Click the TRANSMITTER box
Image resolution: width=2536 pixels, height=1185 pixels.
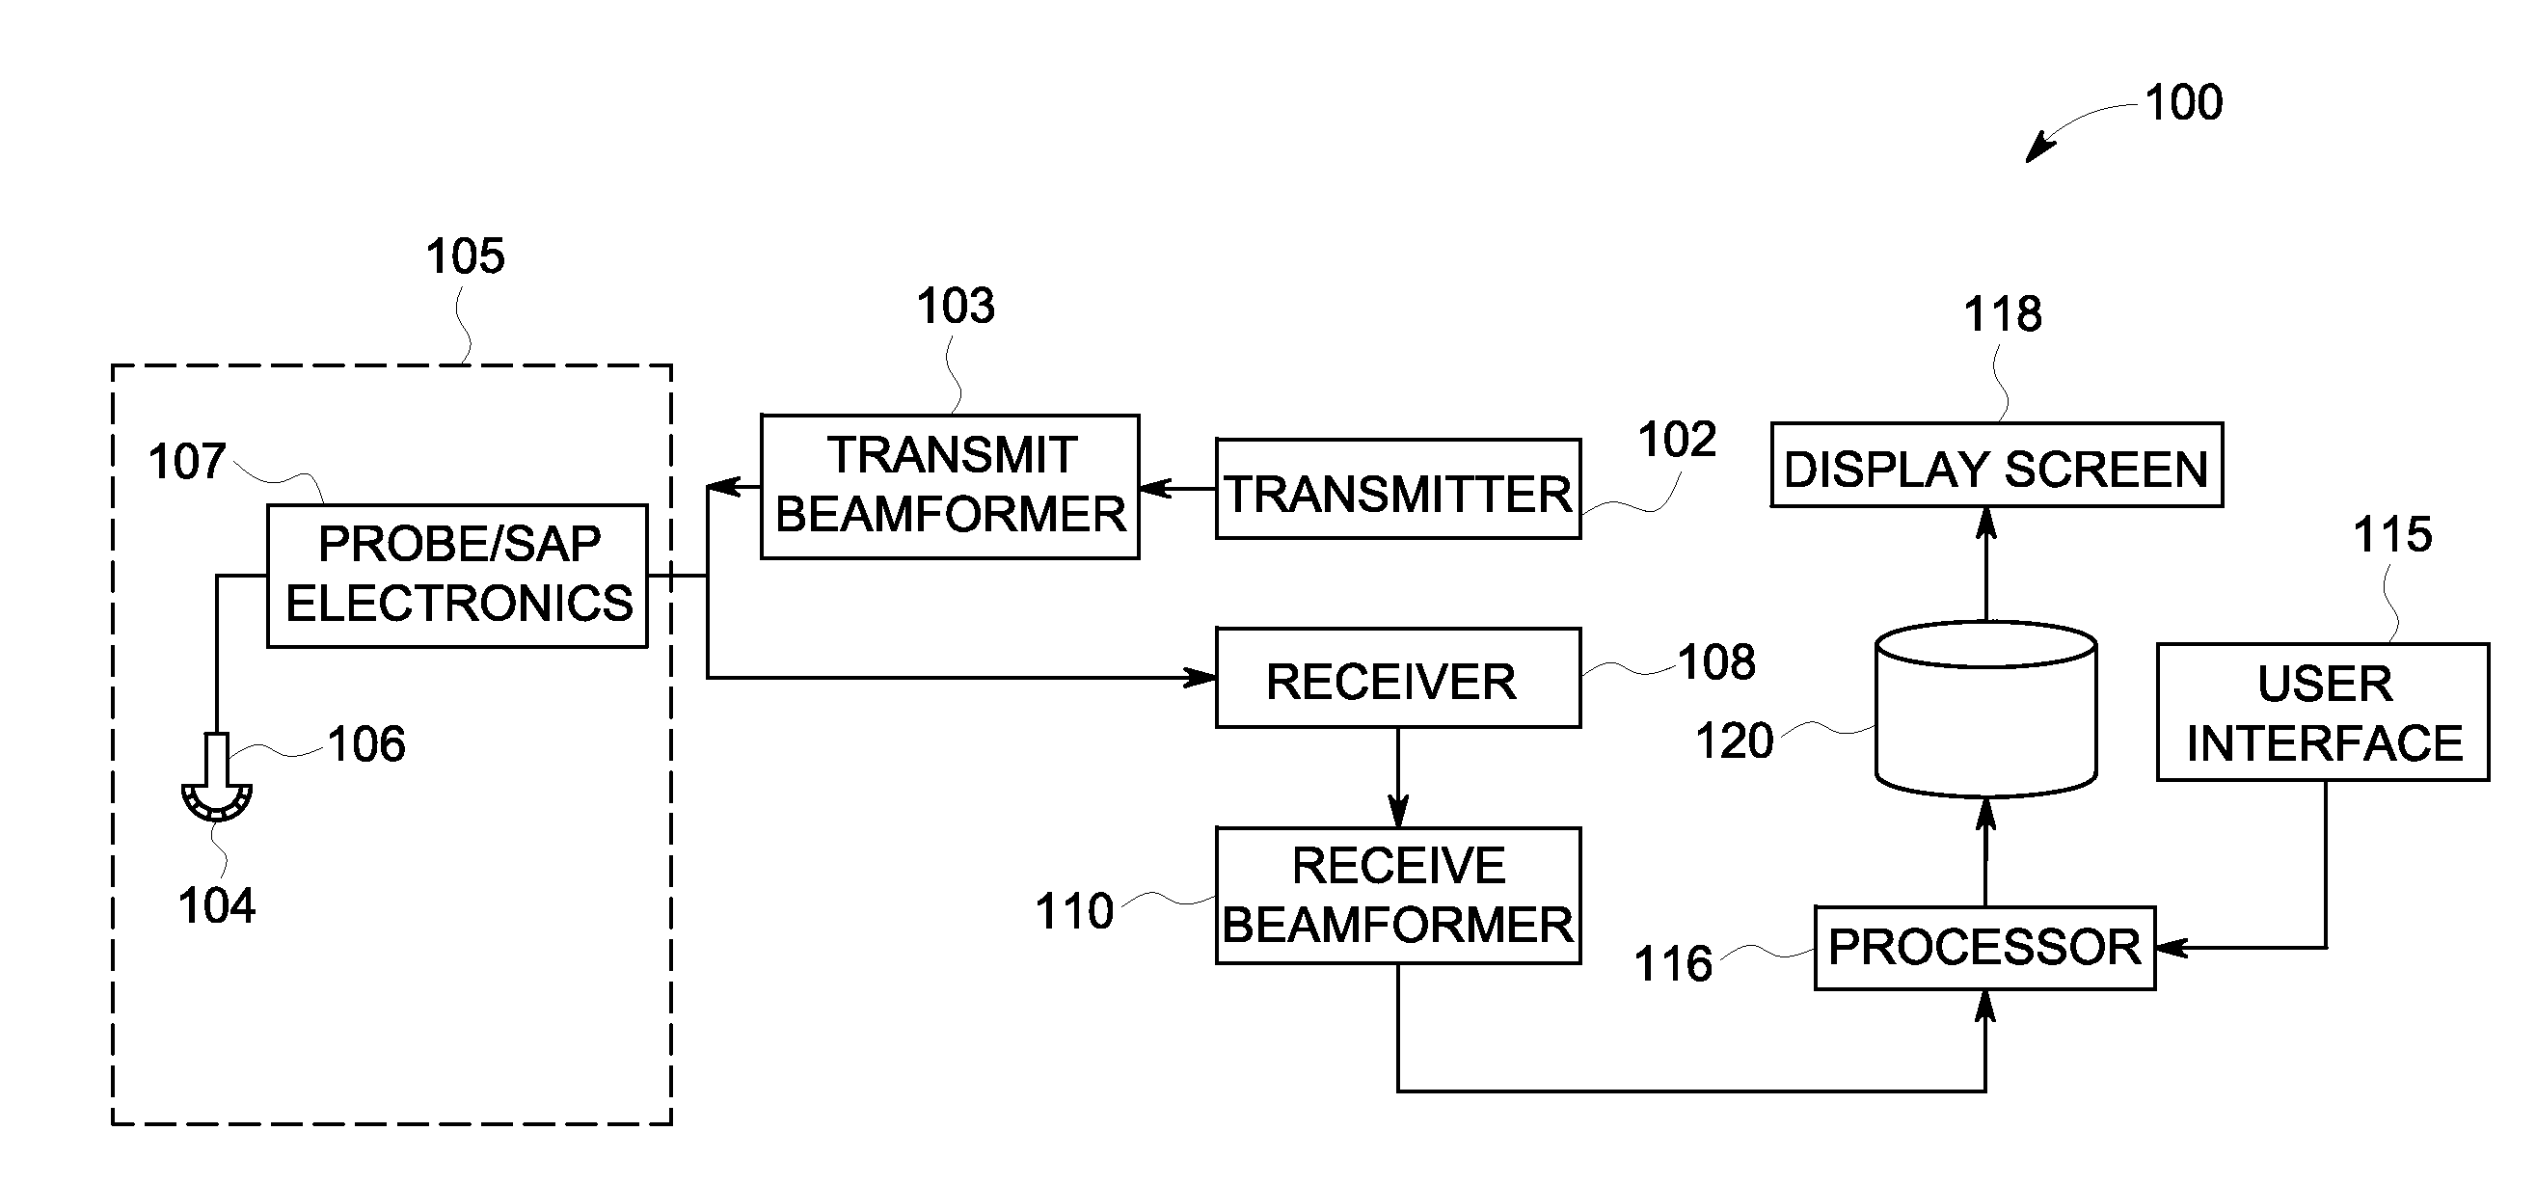(x=1398, y=489)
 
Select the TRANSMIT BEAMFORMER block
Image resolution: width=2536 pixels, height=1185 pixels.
(x=950, y=486)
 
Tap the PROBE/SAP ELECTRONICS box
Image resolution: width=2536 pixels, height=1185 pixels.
(x=458, y=576)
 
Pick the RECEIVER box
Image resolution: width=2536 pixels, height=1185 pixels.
(x=1398, y=678)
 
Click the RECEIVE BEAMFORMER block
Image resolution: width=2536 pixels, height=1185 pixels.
(x=1398, y=896)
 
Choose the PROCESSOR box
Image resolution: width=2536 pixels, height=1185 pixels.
(x=1984, y=948)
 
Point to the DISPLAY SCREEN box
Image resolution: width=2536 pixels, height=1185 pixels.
(x=1997, y=466)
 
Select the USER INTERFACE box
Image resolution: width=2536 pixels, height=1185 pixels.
(x=2323, y=713)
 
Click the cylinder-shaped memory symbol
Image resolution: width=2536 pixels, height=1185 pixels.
(x=1985, y=709)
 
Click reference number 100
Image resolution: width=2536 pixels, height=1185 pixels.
(x=2183, y=102)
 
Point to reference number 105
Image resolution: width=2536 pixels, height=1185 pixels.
(x=465, y=256)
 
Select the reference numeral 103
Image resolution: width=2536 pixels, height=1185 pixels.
(x=955, y=306)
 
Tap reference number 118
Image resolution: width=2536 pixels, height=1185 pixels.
(x=2003, y=314)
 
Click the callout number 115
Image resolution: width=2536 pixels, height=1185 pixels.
(x=2392, y=535)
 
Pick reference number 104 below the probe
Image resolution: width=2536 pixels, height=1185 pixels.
(x=217, y=905)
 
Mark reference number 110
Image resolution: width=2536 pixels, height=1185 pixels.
(x=1074, y=911)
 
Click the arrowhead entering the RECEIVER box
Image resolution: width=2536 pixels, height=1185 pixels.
(x=1201, y=677)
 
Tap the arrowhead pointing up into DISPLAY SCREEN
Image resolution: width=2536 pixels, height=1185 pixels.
(x=1986, y=522)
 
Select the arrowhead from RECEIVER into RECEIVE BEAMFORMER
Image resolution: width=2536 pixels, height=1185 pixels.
(x=1398, y=812)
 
